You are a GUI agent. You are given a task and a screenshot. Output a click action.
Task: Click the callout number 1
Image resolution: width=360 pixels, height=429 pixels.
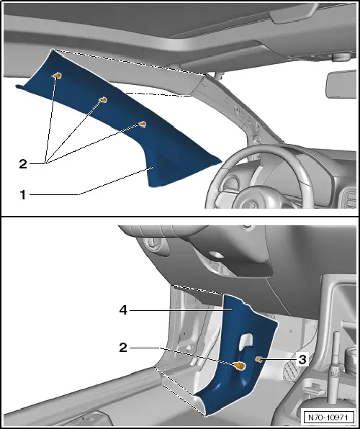pyautogui.click(x=23, y=195)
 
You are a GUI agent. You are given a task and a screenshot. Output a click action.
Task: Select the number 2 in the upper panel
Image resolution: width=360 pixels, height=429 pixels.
pyautogui.click(x=23, y=164)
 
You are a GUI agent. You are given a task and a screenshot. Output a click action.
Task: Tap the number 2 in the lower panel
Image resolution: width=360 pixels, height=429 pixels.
pyautogui.click(x=123, y=348)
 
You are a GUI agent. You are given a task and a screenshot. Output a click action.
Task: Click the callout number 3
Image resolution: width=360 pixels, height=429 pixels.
pyautogui.click(x=302, y=359)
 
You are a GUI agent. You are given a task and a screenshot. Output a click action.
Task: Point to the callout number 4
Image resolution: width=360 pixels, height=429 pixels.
pyautogui.click(x=123, y=310)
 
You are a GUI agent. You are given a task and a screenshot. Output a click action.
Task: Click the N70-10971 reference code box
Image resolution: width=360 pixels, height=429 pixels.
pyautogui.click(x=328, y=417)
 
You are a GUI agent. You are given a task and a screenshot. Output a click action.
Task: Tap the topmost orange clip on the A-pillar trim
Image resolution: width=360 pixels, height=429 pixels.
pyautogui.click(x=57, y=76)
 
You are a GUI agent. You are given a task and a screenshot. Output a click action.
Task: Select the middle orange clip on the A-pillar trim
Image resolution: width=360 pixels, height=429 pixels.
pyautogui.click(x=103, y=100)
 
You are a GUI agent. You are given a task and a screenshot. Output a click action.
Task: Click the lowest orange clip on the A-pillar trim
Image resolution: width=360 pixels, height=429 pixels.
pyautogui.click(x=142, y=125)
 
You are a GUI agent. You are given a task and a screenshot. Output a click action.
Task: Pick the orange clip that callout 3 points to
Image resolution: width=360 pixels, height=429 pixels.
pyautogui.click(x=258, y=359)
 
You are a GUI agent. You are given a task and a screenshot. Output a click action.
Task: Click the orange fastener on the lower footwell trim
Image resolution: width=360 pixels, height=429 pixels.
pyautogui.click(x=240, y=366)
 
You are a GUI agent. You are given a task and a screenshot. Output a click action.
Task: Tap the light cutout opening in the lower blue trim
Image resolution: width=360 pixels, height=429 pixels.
pyautogui.click(x=246, y=342)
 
